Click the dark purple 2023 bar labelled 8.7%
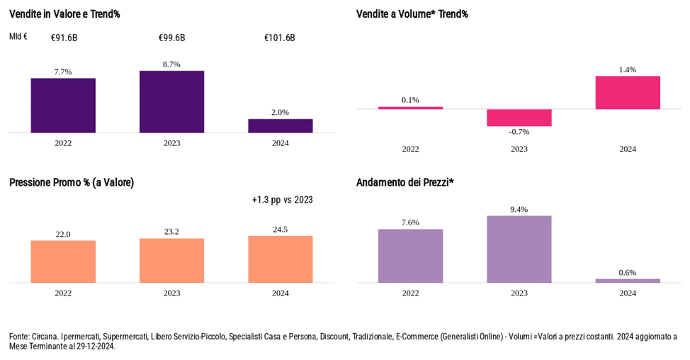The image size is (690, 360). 171,101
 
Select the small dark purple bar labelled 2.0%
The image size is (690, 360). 280,125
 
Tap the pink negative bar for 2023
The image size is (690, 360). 519,118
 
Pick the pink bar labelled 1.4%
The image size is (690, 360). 628,93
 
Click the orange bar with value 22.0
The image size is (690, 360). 63,261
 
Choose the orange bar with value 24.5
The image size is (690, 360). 280,259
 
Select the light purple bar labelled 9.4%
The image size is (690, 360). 519,249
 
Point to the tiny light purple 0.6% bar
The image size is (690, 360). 628,281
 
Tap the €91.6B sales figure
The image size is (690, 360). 64,38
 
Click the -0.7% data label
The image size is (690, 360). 519,132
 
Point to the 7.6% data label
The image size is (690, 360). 410,223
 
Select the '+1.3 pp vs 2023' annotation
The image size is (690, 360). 282,200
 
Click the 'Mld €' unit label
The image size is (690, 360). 18,37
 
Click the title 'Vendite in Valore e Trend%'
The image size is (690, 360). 64,14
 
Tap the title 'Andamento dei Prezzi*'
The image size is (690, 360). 405,183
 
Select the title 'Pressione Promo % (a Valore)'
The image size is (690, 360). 72,183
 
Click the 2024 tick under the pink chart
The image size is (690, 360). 628,149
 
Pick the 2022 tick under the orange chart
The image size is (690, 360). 63,293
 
